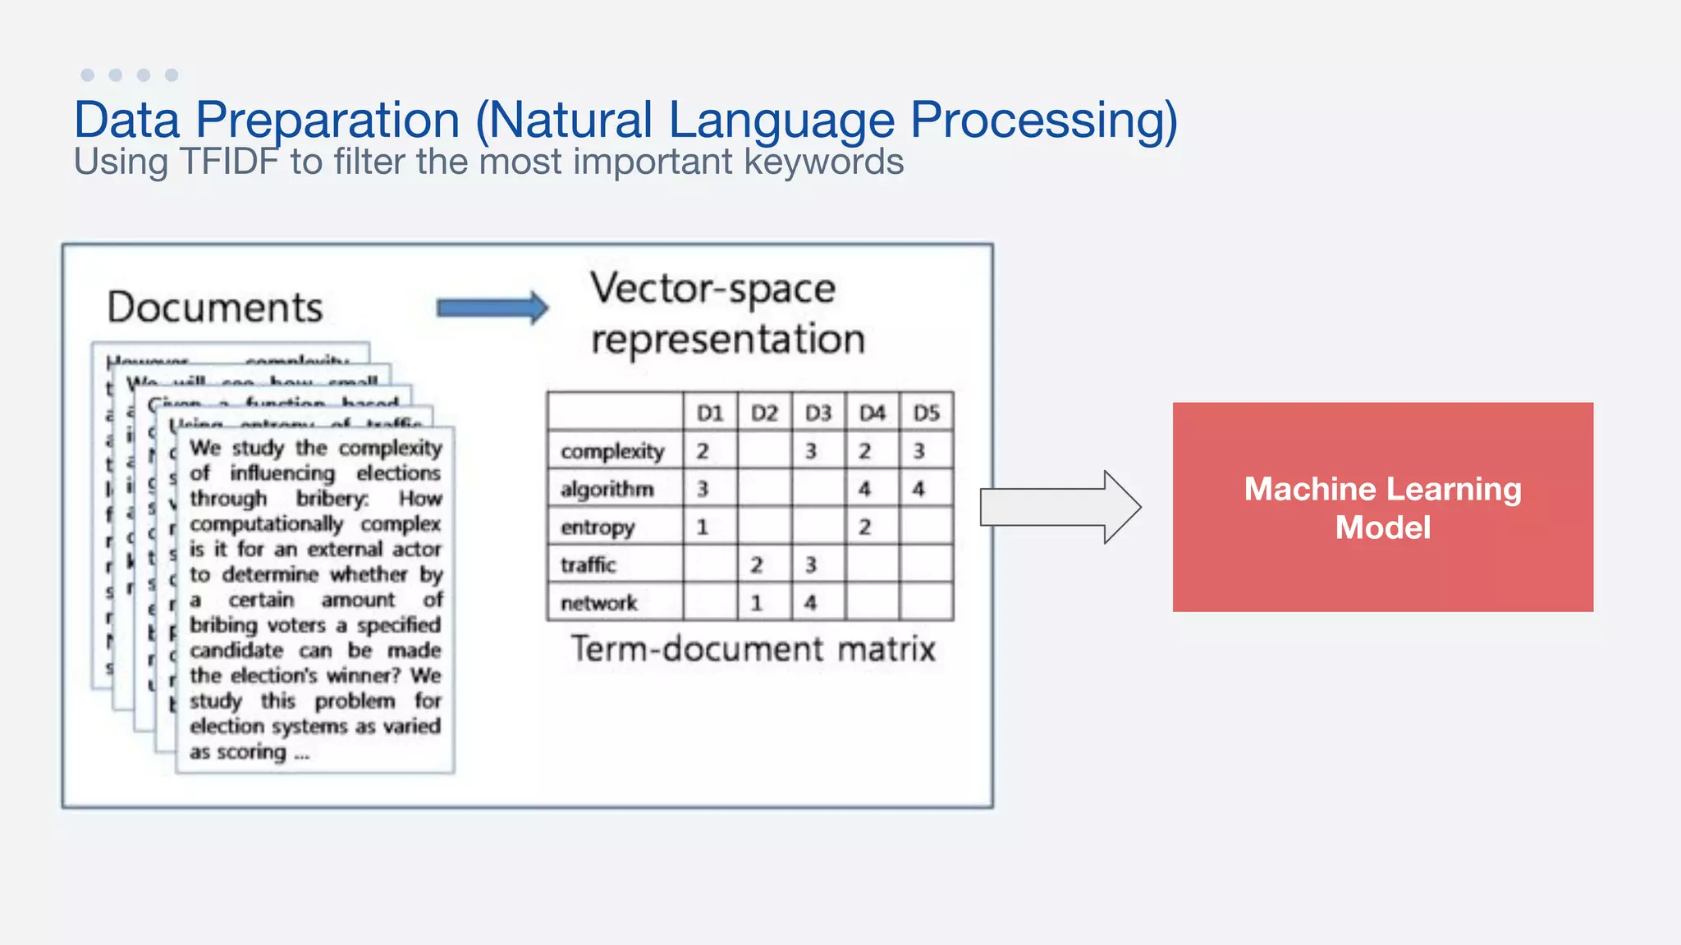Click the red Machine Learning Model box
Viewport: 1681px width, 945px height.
[1382, 507]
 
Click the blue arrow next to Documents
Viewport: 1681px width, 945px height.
[492, 308]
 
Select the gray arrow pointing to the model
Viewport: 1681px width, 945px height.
[1060, 507]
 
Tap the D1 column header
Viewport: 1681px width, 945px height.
[709, 413]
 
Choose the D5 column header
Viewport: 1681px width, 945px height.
[926, 413]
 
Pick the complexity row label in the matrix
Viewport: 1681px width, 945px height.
[612, 451]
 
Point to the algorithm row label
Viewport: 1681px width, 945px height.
[607, 489]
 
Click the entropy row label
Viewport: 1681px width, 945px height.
[598, 527]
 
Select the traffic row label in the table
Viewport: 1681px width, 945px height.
[588, 564]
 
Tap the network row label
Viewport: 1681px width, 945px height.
[598, 603]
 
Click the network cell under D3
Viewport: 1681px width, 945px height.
[810, 603]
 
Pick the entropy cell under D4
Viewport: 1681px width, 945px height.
[864, 527]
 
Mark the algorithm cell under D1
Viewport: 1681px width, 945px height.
[703, 489]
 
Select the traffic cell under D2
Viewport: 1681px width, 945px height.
[756, 564]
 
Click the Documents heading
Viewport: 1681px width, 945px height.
[215, 308]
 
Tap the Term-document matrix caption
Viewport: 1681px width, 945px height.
[753, 649]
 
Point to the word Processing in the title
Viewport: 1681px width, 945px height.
[1042, 120]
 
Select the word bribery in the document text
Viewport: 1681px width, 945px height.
[332, 499]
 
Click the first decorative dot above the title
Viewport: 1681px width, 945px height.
[88, 75]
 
